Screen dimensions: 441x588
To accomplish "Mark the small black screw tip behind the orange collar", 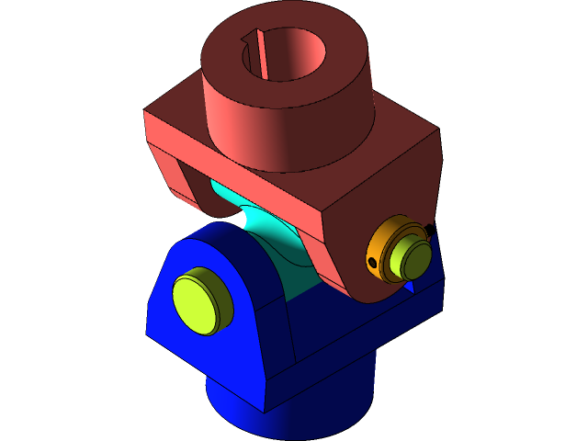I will [427, 228].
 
